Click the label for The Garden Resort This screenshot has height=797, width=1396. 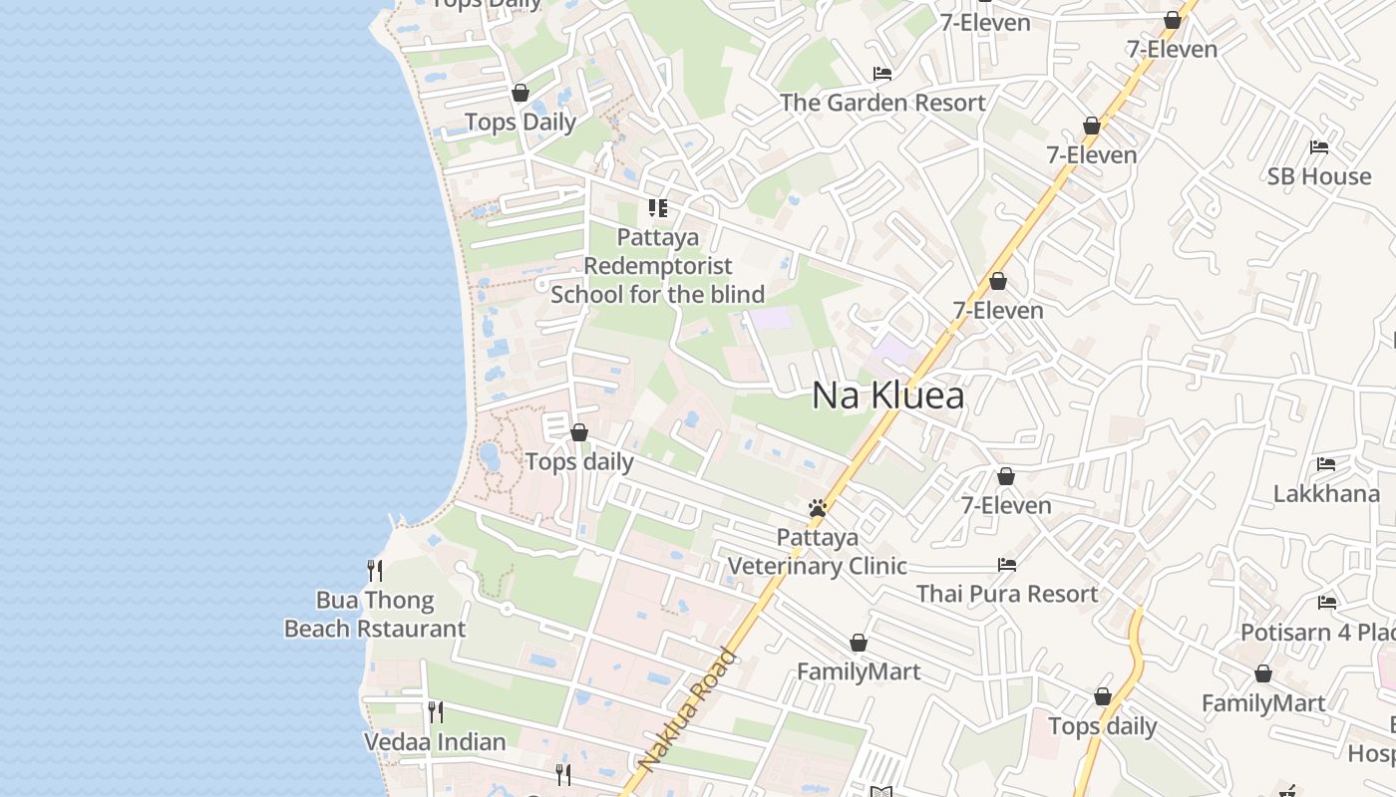tap(882, 103)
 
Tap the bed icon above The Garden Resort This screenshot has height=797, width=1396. tap(882, 74)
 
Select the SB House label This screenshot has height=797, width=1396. tap(1319, 176)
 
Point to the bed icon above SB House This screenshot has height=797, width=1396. tap(1319, 147)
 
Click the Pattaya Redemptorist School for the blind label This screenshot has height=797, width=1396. tap(658, 266)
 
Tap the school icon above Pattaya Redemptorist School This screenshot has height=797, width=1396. tap(658, 208)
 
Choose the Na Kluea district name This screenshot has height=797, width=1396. tap(888, 396)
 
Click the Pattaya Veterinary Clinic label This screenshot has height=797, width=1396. tap(818, 552)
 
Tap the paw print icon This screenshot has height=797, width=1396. tap(818, 509)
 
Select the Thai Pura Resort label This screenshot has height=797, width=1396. tap(1007, 594)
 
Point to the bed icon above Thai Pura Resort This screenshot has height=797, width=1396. tap(1007, 565)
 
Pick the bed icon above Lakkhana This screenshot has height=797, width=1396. tap(1326, 464)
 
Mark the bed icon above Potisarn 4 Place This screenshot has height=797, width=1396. tap(1327, 603)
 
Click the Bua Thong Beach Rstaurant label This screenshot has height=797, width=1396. tap(375, 615)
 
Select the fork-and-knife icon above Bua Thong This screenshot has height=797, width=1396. tap(375, 571)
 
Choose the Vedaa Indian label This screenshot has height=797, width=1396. tap(435, 742)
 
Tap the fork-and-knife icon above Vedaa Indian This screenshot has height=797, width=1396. tap(436, 712)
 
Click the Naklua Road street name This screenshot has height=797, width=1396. tap(687, 710)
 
